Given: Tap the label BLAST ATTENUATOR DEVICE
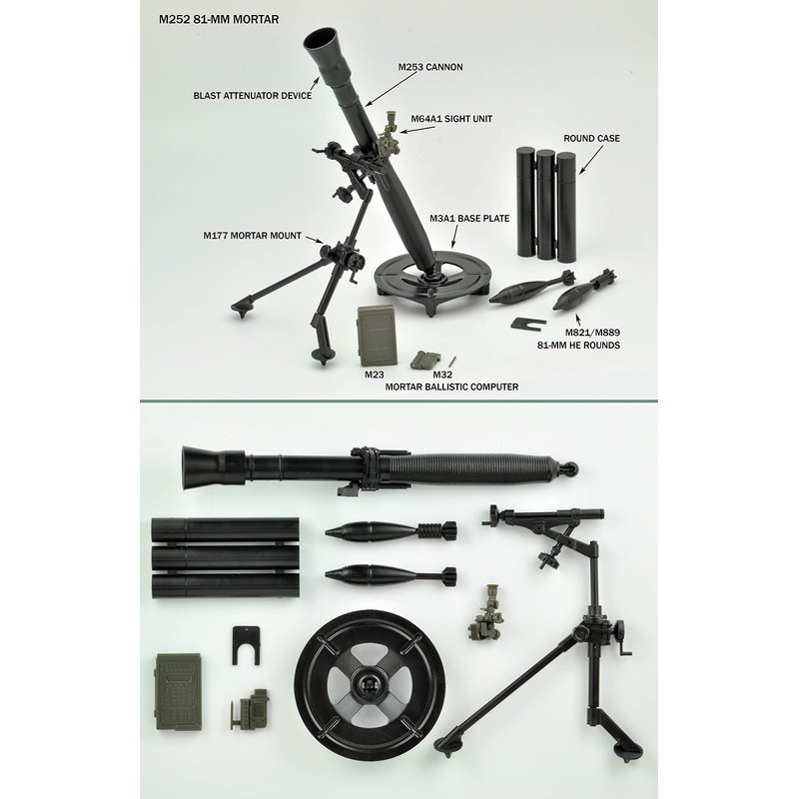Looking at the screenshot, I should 253,97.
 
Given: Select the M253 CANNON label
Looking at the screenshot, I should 429,67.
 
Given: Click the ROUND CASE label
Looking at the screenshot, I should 591,137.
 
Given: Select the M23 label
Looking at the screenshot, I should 375,374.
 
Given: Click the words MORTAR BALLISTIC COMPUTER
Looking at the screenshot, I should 451,387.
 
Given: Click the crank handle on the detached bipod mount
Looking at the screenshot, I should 623,632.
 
